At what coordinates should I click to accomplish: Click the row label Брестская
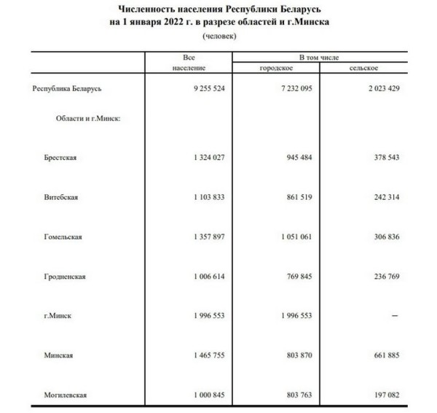[x=60, y=158]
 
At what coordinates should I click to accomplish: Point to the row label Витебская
[x=60, y=197]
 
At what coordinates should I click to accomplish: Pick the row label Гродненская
[x=65, y=276]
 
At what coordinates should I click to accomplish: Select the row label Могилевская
[x=66, y=395]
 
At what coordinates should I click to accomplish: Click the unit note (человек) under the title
[x=218, y=37]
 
